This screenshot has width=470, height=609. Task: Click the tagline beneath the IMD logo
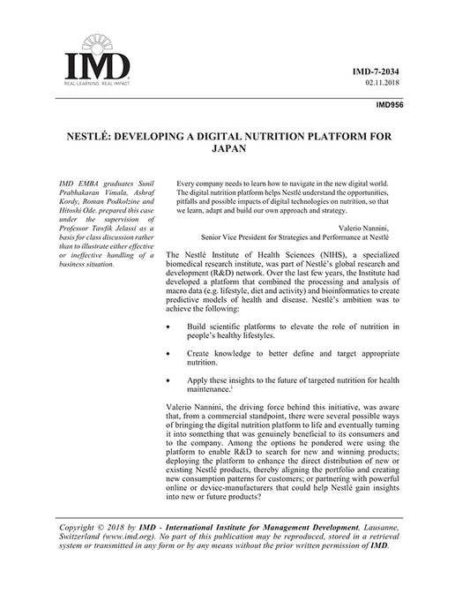(93, 81)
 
